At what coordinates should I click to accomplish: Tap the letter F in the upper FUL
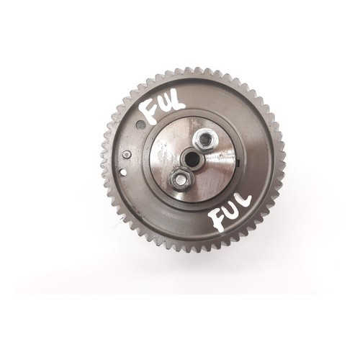[149, 112]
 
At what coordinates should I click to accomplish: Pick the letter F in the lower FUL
[217, 220]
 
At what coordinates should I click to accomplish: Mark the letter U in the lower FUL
[232, 211]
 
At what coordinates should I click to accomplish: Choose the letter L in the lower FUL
[245, 204]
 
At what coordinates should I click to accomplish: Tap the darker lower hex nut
[179, 179]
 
